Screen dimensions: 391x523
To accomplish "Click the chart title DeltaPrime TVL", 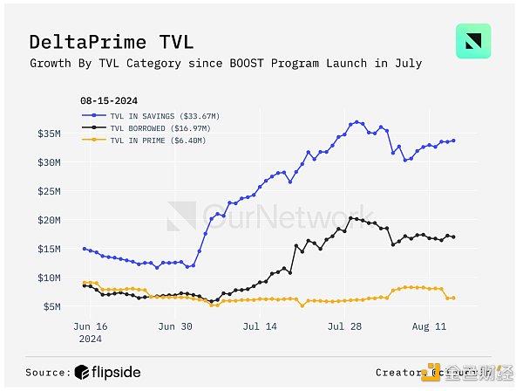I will pyautogui.click(x=111, y=42).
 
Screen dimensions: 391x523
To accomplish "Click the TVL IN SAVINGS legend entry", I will pyautogui.click(x=146, y=114).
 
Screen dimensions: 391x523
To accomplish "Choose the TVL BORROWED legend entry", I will pyautogui.click(x=144, y=127).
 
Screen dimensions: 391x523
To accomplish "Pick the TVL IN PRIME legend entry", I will pyautogui.click(x=143, y=140).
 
